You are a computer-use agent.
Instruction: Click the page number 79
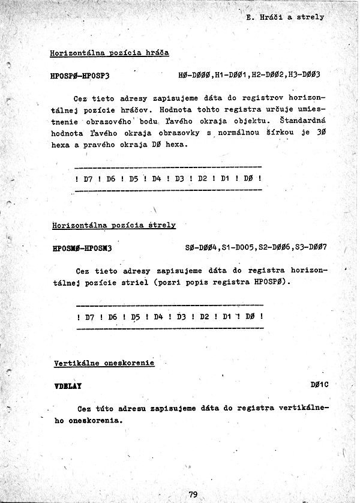pos(193,495)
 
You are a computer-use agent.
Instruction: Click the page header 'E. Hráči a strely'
pos(285,17)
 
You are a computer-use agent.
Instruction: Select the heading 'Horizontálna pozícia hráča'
pos(109,53)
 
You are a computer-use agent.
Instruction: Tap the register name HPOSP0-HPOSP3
pos(84,76)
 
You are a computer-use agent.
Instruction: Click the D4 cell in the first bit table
pos(156,179)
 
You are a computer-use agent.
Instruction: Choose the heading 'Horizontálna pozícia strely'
pos(114,225)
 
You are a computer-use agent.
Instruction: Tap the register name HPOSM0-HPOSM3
pos(86,248)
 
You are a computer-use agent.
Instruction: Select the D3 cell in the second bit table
pos(182,316)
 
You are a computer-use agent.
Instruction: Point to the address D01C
pos(319,385)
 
